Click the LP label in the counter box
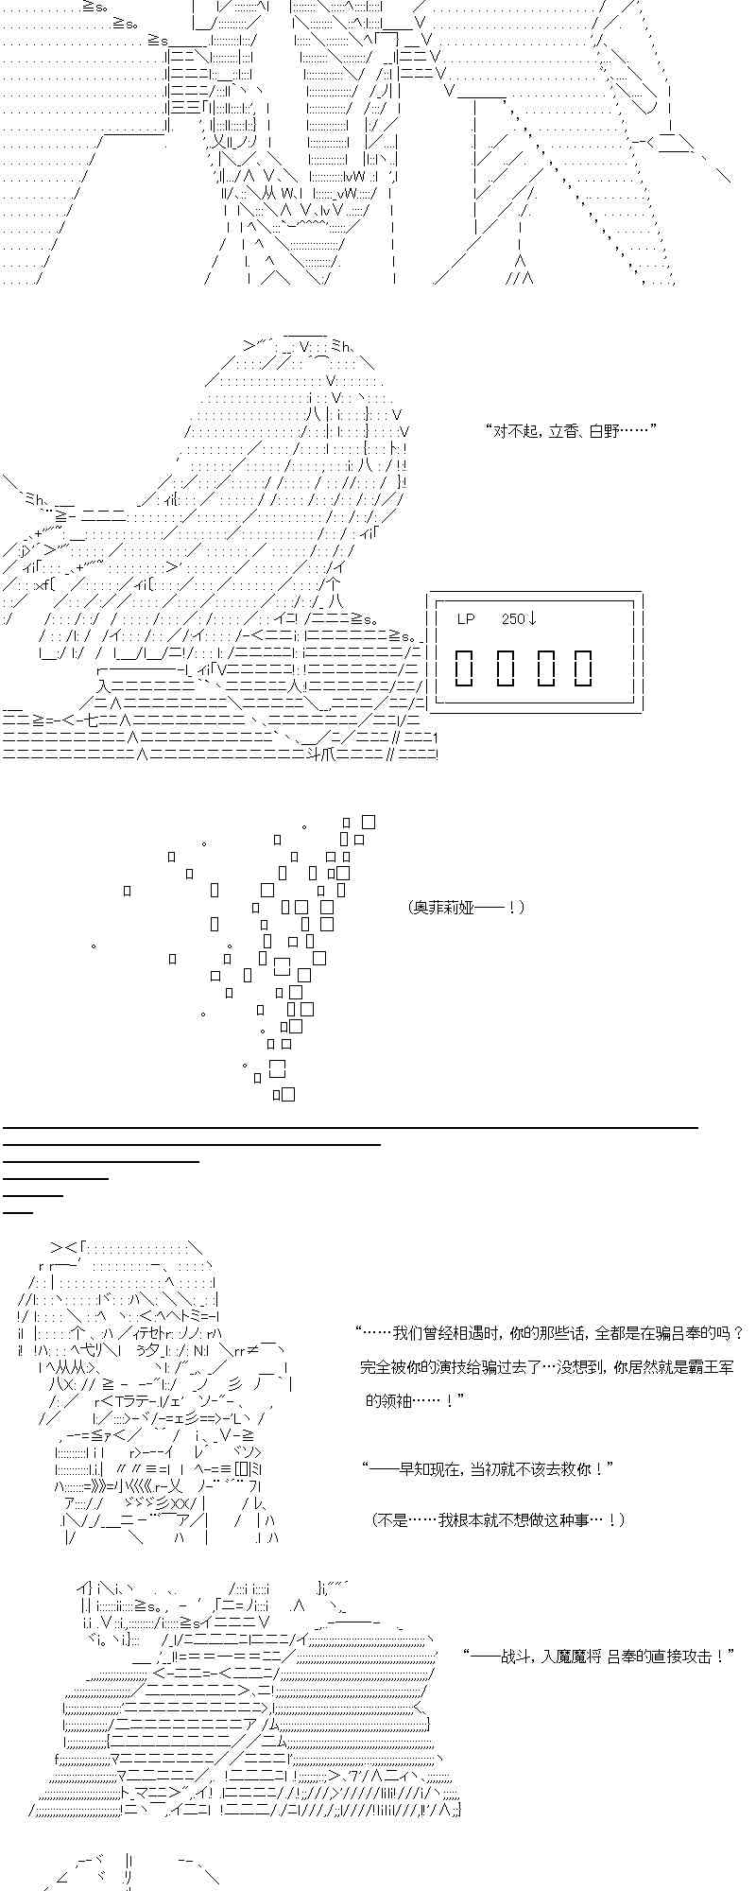tap(465, 619)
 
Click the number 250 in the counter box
tap(512, 619)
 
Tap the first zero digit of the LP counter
tap(464, 668)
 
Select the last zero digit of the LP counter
tap(583, 668)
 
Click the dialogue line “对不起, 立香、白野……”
tap(570, 431)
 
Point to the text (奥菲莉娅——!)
tap(466, 908)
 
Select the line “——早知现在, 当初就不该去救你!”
tap(488, 1469)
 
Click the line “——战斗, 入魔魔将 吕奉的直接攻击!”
tap(599, 1657)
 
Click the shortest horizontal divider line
tap(18, 1212)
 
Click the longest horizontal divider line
tap(351, 1127)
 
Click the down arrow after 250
tap(532, 619)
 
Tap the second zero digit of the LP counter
tap(504, 668)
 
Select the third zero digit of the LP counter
tap(543, 668)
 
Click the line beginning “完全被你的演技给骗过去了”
tap(547, 1367)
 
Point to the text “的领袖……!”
tap(415, 1401)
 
